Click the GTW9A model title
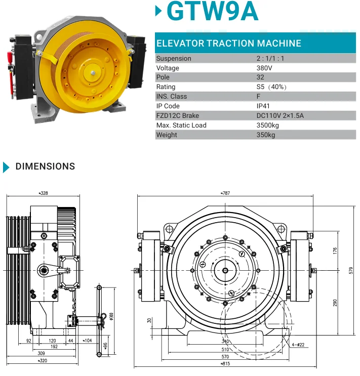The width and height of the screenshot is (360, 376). pyautogui.click(x=212, y=11)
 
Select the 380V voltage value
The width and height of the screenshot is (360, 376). pyautogui.click(x=264, y=68)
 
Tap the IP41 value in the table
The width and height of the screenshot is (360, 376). pyautogui.click(x=263, y=106)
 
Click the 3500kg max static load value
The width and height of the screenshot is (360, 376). pyautogui.click(x=268, y=125)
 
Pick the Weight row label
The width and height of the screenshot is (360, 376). pyautogui.click(x=167, y=135)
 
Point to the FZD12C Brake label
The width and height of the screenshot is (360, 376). pyautogui.click(x=178, y=115)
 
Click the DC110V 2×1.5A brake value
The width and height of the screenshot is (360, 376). pyautogui.click(x=280, y=115)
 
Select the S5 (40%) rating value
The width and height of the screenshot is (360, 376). pyautogui.click(x=271, y=87)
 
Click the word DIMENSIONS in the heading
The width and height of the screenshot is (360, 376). pyautogui.click(x=46, y=166)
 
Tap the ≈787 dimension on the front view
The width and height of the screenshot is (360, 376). pyautogui.click(x=225, y=193)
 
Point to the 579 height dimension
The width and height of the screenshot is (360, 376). pyautogui.click(x=351, y=271)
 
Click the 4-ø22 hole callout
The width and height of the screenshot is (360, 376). pyautogui.click(x=298, y=345)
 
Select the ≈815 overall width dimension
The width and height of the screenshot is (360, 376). pyautogui.click(x=225, y=363)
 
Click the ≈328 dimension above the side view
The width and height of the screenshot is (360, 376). pyautogui.click(x=43, y=193)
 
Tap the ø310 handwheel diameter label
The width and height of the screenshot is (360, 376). pyautogui.click(x=111, y=316)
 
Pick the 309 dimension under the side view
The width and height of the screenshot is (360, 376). pyautogui.click(x=42, y=353)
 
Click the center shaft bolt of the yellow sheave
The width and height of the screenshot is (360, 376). pyautogui.click(x=93, y=73)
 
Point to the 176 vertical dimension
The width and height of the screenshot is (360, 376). pyautogui.click(x=335, y=251)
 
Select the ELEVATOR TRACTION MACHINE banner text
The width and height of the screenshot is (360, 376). pyautogui.click(x=229, y=44)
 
